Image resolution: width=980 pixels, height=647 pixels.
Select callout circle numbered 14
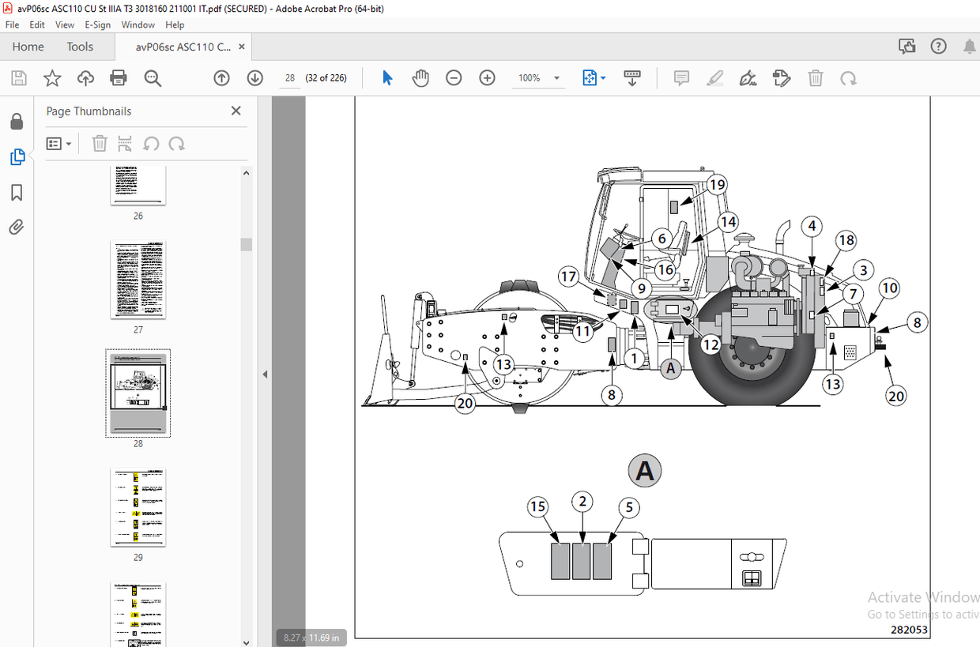click(x=727, y=222)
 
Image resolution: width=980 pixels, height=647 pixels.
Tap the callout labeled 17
click(x=568, y=276)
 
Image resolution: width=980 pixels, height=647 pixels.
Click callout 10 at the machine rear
click(x=889, y=288)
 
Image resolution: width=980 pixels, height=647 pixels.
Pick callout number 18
click(x=846, y=240)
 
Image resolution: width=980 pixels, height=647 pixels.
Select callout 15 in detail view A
click(x=538, y=507)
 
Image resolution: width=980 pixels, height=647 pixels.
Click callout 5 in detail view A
click(x=628, y=507)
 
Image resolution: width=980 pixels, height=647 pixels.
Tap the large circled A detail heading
click(x=645, y=472)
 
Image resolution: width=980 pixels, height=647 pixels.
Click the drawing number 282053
click(x=909, y=629)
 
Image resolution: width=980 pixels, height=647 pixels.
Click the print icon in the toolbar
click(x=119, y=78)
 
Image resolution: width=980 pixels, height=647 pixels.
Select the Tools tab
click(x=80, y=47)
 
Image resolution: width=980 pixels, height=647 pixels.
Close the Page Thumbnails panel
click(x=236, y=111)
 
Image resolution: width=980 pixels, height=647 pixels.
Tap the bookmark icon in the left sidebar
click(x=17, y=193)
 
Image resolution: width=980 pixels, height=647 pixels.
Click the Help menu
click(x=175, y=24)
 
